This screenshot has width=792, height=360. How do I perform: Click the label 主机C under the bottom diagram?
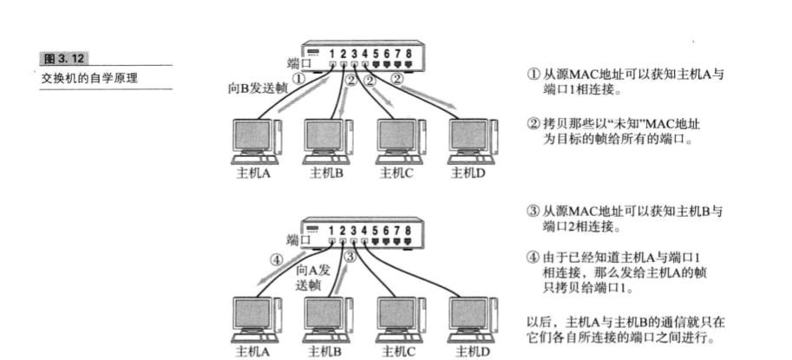click(x=399, y=352)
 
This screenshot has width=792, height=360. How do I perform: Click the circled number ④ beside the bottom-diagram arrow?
click(x=276, y=258)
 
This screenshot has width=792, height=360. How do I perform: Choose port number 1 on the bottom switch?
click(x=333, y=231)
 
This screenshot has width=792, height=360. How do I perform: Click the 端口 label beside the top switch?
click(x=298, y=62)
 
